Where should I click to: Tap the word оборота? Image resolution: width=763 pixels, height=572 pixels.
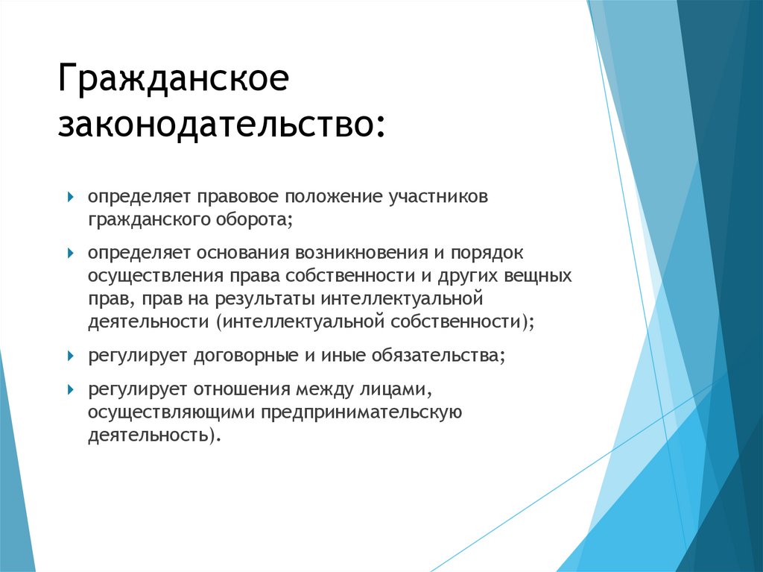[x=251, y=221]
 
